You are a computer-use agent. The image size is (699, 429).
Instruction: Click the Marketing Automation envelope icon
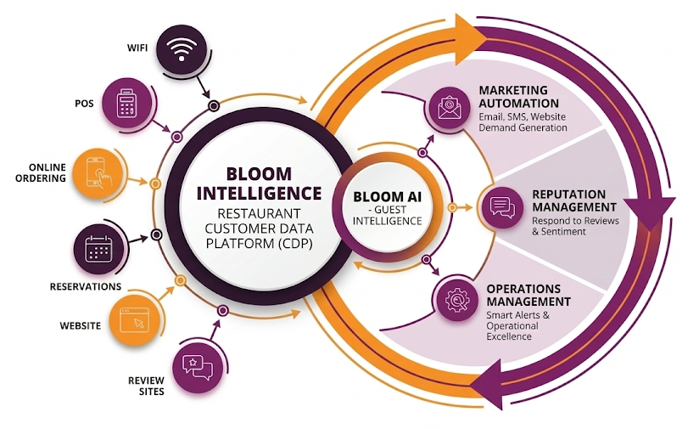pos(449,108)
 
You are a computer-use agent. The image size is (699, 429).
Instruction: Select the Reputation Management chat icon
pos(501,206)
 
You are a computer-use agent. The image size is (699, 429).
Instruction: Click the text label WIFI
pos(136,48)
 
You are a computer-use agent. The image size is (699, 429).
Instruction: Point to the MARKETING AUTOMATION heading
pos(513,97)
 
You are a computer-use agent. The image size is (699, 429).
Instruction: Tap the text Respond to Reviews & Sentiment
pos(575,226)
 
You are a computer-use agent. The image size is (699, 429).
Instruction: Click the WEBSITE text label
pos(80,325)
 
